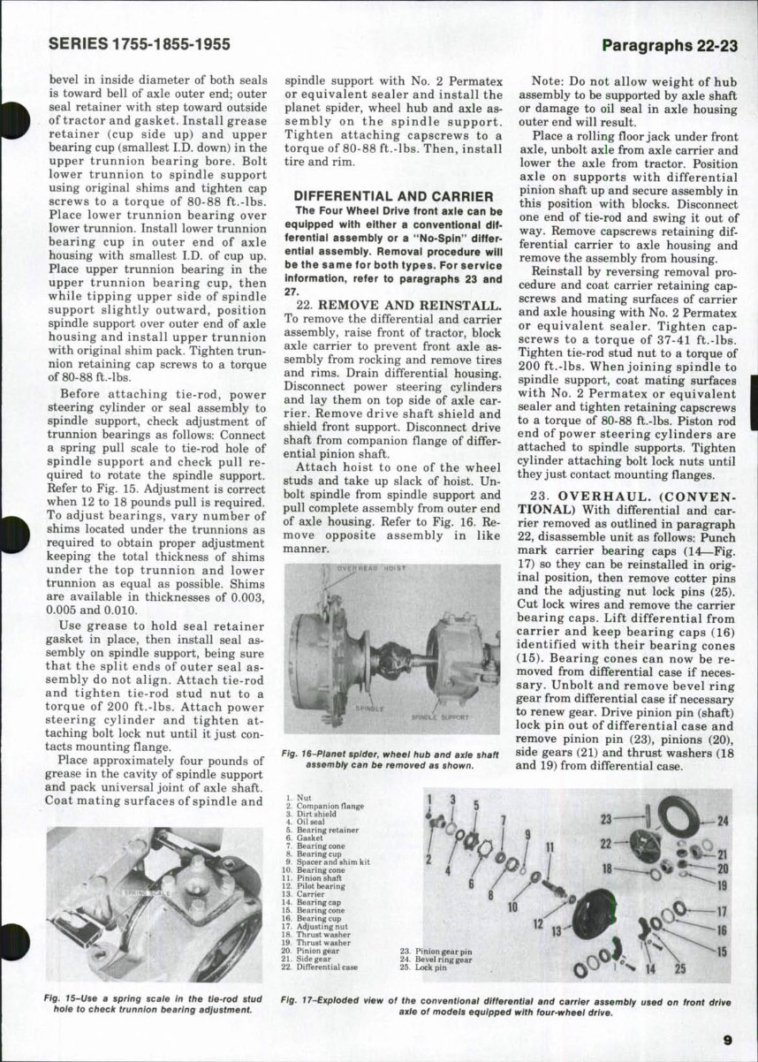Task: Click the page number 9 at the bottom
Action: click(726, 1039)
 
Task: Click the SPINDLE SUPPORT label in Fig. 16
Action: click(441, 717)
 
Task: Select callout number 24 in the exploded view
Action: click(722, 821)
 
